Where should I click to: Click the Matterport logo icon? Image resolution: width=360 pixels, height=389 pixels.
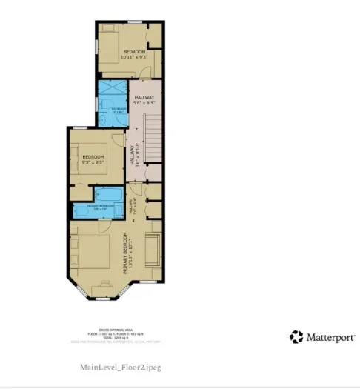[296, 337]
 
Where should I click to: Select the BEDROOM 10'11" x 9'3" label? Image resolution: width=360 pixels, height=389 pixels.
[134, 53]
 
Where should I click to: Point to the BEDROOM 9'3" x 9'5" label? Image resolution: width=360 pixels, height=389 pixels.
[93, 160]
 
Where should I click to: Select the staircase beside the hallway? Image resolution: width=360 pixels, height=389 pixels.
[153, 139]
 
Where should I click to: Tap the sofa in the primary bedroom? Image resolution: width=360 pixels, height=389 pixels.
[152, 250]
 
